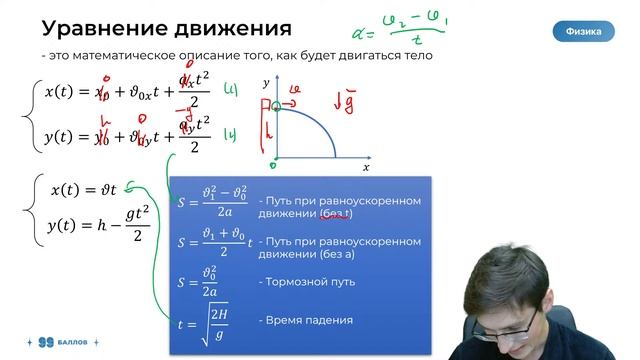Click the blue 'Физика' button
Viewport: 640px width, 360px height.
tap(583, 32)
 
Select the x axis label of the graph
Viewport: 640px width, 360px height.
tap(366, 167)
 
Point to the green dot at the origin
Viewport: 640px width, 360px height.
tap(275, 158)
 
